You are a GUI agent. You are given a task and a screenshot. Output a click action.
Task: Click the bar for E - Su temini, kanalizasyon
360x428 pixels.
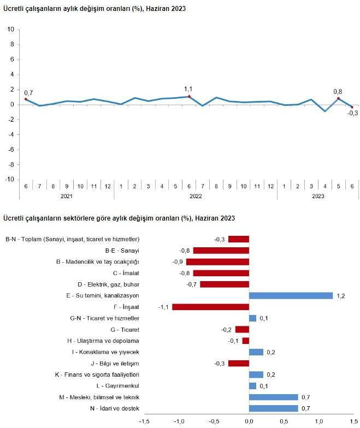(291, 295)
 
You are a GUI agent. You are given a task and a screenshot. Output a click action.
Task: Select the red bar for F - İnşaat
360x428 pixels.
(210, 307)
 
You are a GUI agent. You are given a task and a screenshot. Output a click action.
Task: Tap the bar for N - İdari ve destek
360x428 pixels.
(273, 408)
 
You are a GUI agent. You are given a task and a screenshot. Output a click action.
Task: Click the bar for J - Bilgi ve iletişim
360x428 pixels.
(238, 363)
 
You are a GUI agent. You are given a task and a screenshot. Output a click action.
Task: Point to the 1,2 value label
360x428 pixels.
(341, 295)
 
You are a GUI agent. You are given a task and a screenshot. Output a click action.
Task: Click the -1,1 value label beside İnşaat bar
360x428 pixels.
(163, 307)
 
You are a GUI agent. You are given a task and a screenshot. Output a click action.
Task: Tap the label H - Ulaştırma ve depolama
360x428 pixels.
(105, 341)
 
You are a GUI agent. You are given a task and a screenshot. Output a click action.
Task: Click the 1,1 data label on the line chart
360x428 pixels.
(188, 88)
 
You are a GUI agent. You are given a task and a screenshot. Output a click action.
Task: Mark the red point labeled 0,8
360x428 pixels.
(338, 98)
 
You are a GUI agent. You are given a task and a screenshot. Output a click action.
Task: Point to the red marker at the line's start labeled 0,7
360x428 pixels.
(26, 99)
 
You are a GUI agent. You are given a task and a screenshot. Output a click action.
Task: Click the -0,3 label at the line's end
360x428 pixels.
(353, 114)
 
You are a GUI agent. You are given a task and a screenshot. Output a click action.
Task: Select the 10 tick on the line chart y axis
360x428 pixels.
(11, 29)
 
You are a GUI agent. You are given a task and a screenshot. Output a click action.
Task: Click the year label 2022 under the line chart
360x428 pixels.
(196, 196)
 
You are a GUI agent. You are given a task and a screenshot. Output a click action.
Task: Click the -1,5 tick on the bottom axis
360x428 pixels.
(144, 421)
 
